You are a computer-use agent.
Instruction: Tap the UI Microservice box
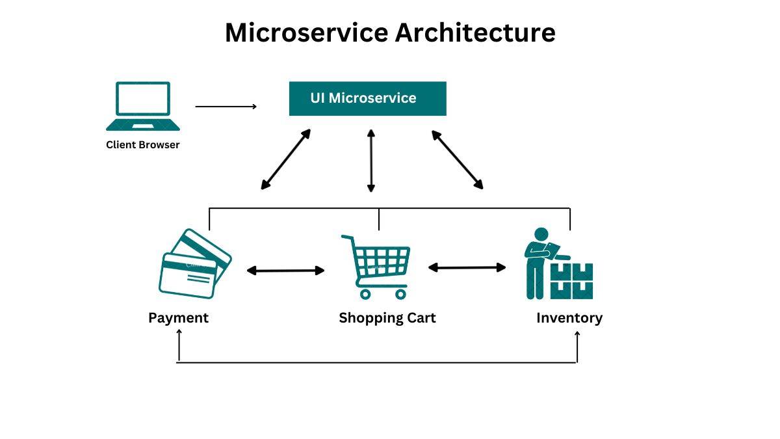pos(367,98)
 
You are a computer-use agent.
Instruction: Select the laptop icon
pos(143,106)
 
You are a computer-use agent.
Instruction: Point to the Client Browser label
pos(142,145)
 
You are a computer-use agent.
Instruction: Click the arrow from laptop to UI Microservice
pos(226,106)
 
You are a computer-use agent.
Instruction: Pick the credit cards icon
pos(194,263)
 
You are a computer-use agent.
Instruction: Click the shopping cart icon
pos(376,267)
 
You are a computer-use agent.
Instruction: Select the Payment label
pos(178,318)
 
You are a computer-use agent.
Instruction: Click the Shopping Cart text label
pos(387,318)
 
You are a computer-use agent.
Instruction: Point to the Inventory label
pos(569,318)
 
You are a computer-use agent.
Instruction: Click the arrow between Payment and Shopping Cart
pos(285,271)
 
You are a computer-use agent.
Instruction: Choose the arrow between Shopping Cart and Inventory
pos(467,267)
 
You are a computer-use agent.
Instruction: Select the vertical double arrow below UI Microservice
pos(371,161)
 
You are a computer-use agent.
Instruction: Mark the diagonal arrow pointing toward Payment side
pos(285,159)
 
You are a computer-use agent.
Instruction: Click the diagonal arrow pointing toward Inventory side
pos(458,159)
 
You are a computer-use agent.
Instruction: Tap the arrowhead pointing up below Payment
pos(179,333)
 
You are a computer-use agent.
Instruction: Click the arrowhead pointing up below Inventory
pos(577,334)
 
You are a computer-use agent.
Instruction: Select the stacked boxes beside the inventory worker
pos(572,281)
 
